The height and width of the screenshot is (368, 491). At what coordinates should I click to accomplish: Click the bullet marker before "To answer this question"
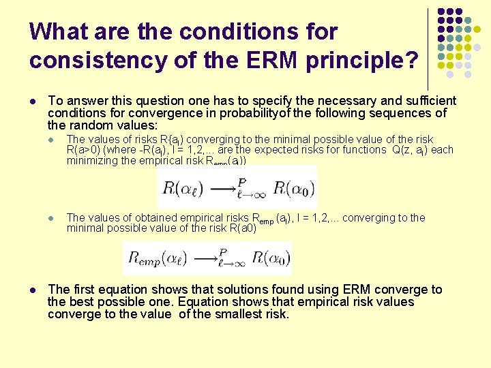(33, 100)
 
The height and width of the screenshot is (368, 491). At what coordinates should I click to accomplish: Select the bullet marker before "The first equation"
(33, 290)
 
